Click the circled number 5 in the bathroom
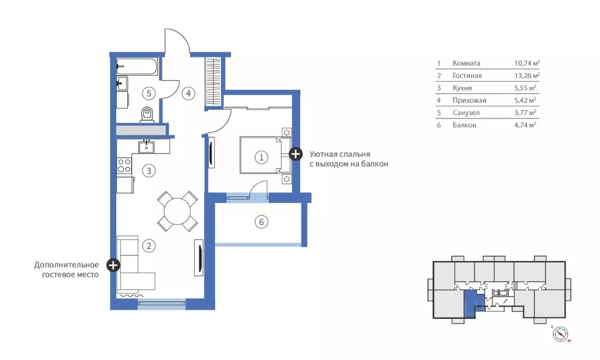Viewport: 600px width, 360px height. [149, 93]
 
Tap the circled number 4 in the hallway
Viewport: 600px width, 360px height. [188, 93]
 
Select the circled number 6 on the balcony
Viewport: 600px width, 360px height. [262, 222]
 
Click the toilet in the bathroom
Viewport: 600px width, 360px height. [147, 114]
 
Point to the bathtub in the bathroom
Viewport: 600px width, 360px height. [137, 67]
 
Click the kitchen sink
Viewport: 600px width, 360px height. [147, 146]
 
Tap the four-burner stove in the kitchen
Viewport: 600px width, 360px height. [124, 166]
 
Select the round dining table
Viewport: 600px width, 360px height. [178, 211]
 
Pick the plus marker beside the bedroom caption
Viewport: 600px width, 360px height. [295, 154]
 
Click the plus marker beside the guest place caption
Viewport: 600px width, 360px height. [113, 265]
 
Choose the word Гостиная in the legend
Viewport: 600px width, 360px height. [467, 76]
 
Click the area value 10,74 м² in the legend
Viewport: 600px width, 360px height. [527, 63]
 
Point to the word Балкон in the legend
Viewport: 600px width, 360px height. [464, 125]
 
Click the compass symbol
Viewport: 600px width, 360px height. [560, 334]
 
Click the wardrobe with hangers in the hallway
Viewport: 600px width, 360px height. [213, 82]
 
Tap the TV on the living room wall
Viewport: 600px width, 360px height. [199, 257]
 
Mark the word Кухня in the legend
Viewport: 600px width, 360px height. [462, 88]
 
